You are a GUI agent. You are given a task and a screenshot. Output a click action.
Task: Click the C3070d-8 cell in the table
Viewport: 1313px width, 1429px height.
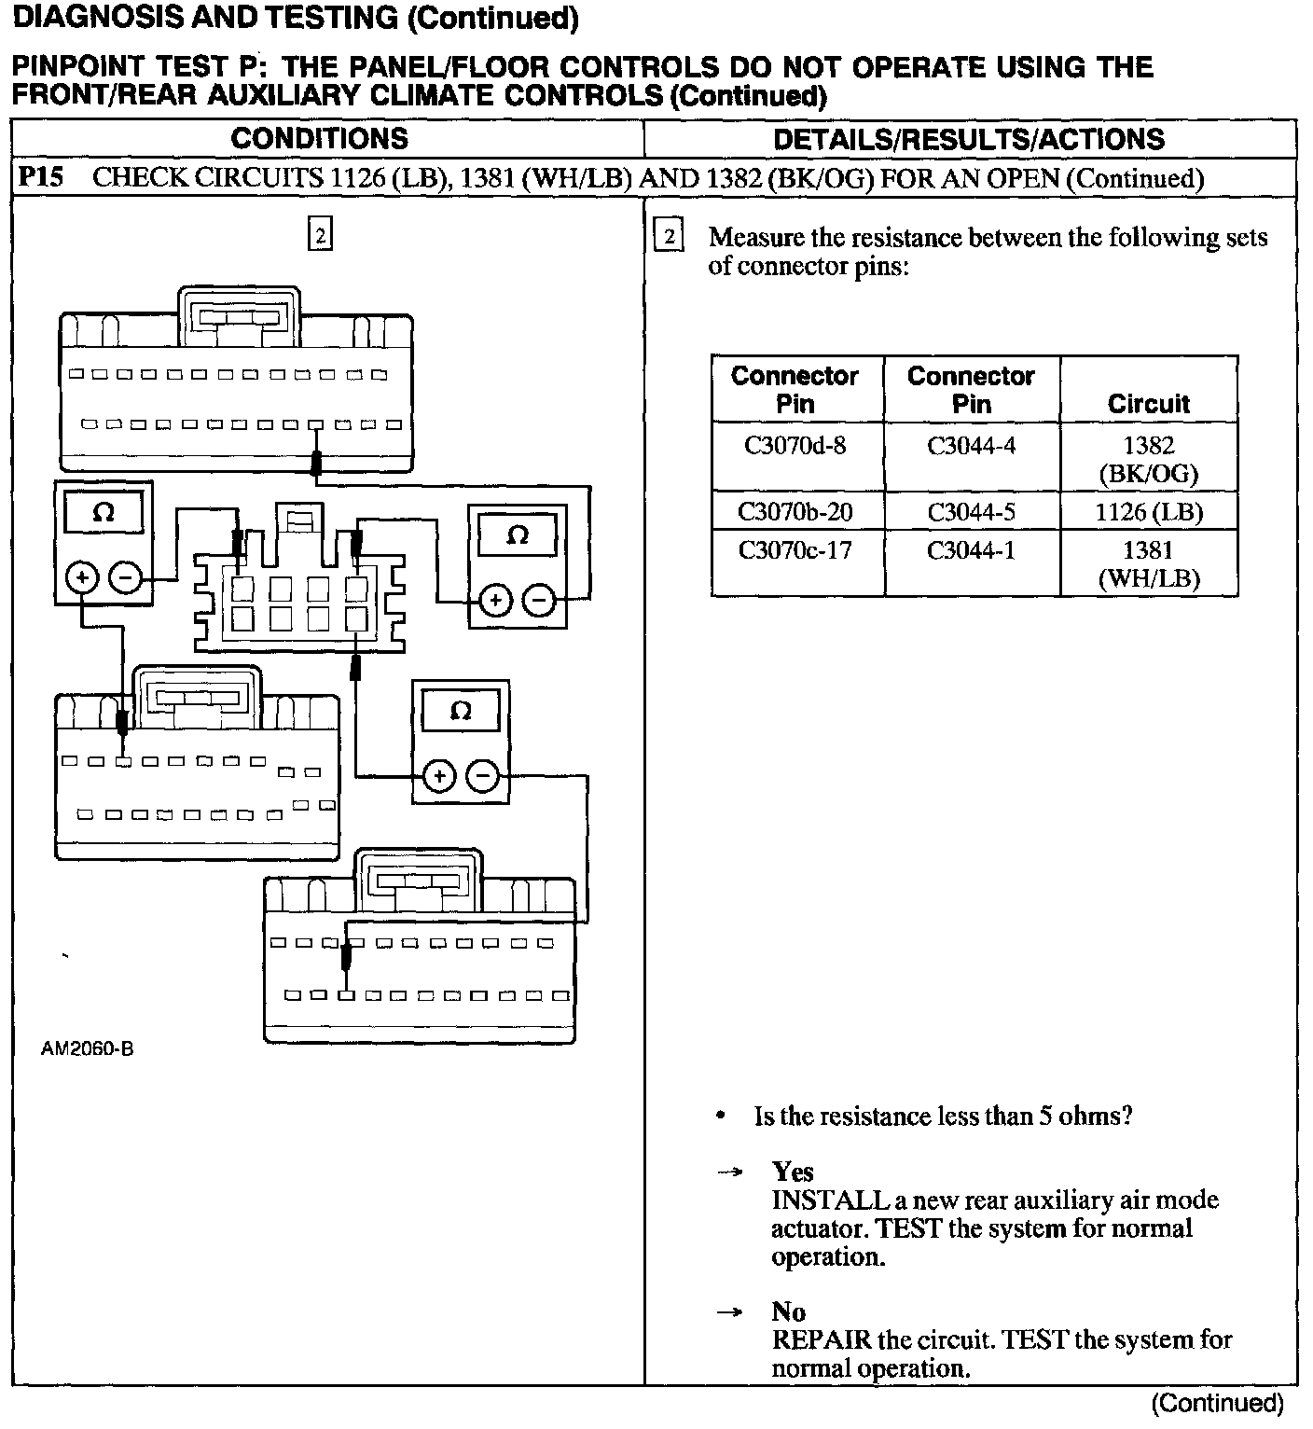point(795,446)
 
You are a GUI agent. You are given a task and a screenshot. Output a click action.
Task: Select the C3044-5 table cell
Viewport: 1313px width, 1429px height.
point(971,511)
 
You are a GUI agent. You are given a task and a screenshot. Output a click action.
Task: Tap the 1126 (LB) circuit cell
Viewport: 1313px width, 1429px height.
point(1148,511)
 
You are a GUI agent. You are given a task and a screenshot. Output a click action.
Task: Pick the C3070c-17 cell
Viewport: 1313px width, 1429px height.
point(795,550)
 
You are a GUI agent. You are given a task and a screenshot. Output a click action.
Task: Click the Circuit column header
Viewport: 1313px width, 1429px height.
point(1148,404)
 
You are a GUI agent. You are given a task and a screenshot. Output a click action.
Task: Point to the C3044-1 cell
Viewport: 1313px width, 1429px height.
point(971,550)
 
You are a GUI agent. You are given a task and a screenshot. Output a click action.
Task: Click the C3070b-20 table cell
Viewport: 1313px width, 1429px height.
point(795,511)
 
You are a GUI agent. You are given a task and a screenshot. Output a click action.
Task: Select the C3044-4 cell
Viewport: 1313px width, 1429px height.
point(971,446)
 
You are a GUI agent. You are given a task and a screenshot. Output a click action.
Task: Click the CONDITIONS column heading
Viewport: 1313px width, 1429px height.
point(319,139)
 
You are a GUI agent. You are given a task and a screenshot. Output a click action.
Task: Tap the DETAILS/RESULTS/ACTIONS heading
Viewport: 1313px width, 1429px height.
point(969,140)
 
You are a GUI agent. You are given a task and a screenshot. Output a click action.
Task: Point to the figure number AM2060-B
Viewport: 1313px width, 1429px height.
point(87,1048)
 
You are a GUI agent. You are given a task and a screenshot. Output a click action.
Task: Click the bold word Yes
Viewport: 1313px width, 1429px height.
point(793,1172)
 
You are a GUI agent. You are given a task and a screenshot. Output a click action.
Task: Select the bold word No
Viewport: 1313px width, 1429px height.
point(788,1311)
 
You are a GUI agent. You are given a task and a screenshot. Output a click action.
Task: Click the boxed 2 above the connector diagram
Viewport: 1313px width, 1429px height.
point(320,236)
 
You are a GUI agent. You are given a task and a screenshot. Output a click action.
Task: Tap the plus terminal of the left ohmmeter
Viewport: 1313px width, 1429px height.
point(83,578)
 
